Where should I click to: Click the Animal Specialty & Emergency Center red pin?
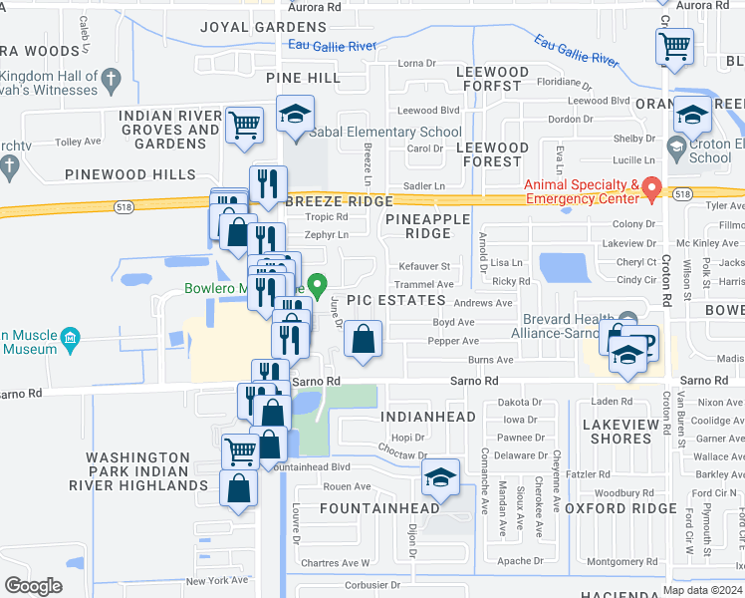(x=652, y=186)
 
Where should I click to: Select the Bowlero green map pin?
(x=317, y=285)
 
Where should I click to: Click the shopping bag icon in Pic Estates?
(x=364, y=340)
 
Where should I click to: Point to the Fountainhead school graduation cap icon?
(x=439, y=477)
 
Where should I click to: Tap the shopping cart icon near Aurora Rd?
(x=675, y=46)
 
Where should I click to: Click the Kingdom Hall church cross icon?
(x=112, y=78)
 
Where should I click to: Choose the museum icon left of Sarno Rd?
(x=70, y=340)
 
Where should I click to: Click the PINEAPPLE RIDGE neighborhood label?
(x=419, y=225)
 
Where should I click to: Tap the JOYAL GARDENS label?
(x=250, y=27)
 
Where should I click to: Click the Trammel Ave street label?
(x=425, y=284)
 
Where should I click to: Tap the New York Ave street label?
(x=216, y=580)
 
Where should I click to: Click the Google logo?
(x=33, y=586)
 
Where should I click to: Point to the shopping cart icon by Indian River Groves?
(x=244, y=125)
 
